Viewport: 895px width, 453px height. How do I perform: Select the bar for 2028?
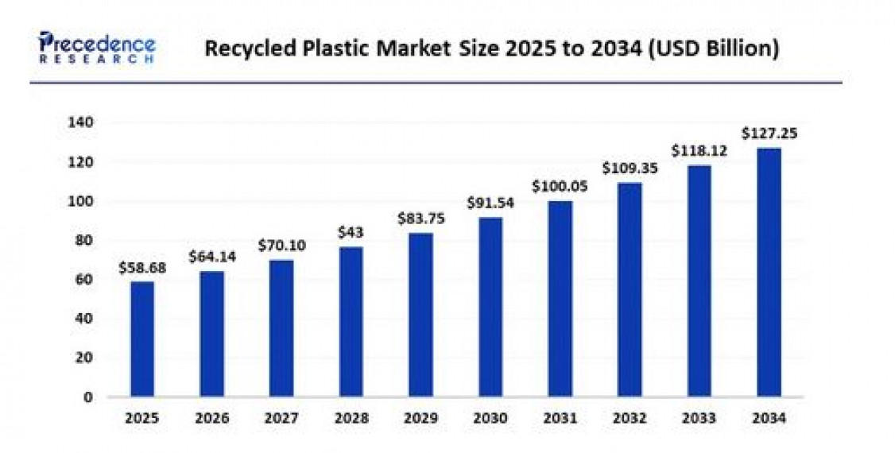[351, 321]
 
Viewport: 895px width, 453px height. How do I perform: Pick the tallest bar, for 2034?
[769, 272]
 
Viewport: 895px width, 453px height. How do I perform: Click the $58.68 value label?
[142, 268]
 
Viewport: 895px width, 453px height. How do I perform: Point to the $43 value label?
[351, 234]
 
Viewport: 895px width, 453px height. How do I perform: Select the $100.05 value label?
[560, 188]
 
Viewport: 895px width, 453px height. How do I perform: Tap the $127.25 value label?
[769, 134]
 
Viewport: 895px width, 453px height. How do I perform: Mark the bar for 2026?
[211, 334]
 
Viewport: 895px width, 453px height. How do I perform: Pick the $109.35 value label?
[629, 168]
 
